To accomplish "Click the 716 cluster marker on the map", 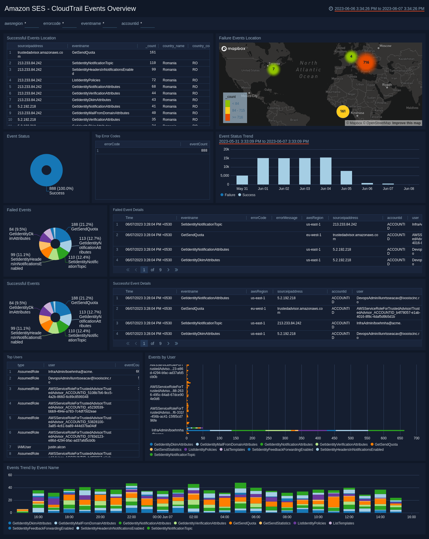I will coord(366,63).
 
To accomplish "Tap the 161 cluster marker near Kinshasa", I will coord(343,111).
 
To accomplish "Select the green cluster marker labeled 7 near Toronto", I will coord(273,69).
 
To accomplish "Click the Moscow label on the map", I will coord(385,46).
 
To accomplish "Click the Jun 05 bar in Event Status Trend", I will coord(346,178).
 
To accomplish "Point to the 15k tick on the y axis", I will coord(226,158).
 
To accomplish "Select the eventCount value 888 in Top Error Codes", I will coord(204,150).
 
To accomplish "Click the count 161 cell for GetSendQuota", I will coord(153,53).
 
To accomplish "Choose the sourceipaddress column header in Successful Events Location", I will coord(30,46).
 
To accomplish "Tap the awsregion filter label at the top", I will coord(14,23).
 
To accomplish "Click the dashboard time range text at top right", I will coord(379,9).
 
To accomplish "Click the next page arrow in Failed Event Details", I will coord(168,270).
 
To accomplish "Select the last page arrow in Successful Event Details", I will coord(176,343).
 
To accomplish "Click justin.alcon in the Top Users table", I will coord(57,447).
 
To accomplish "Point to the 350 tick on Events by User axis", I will coord(301,438).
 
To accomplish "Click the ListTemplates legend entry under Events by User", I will coord(232,450).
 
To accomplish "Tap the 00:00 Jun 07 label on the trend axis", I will coord(162,517).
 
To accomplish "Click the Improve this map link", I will coord(406,123).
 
